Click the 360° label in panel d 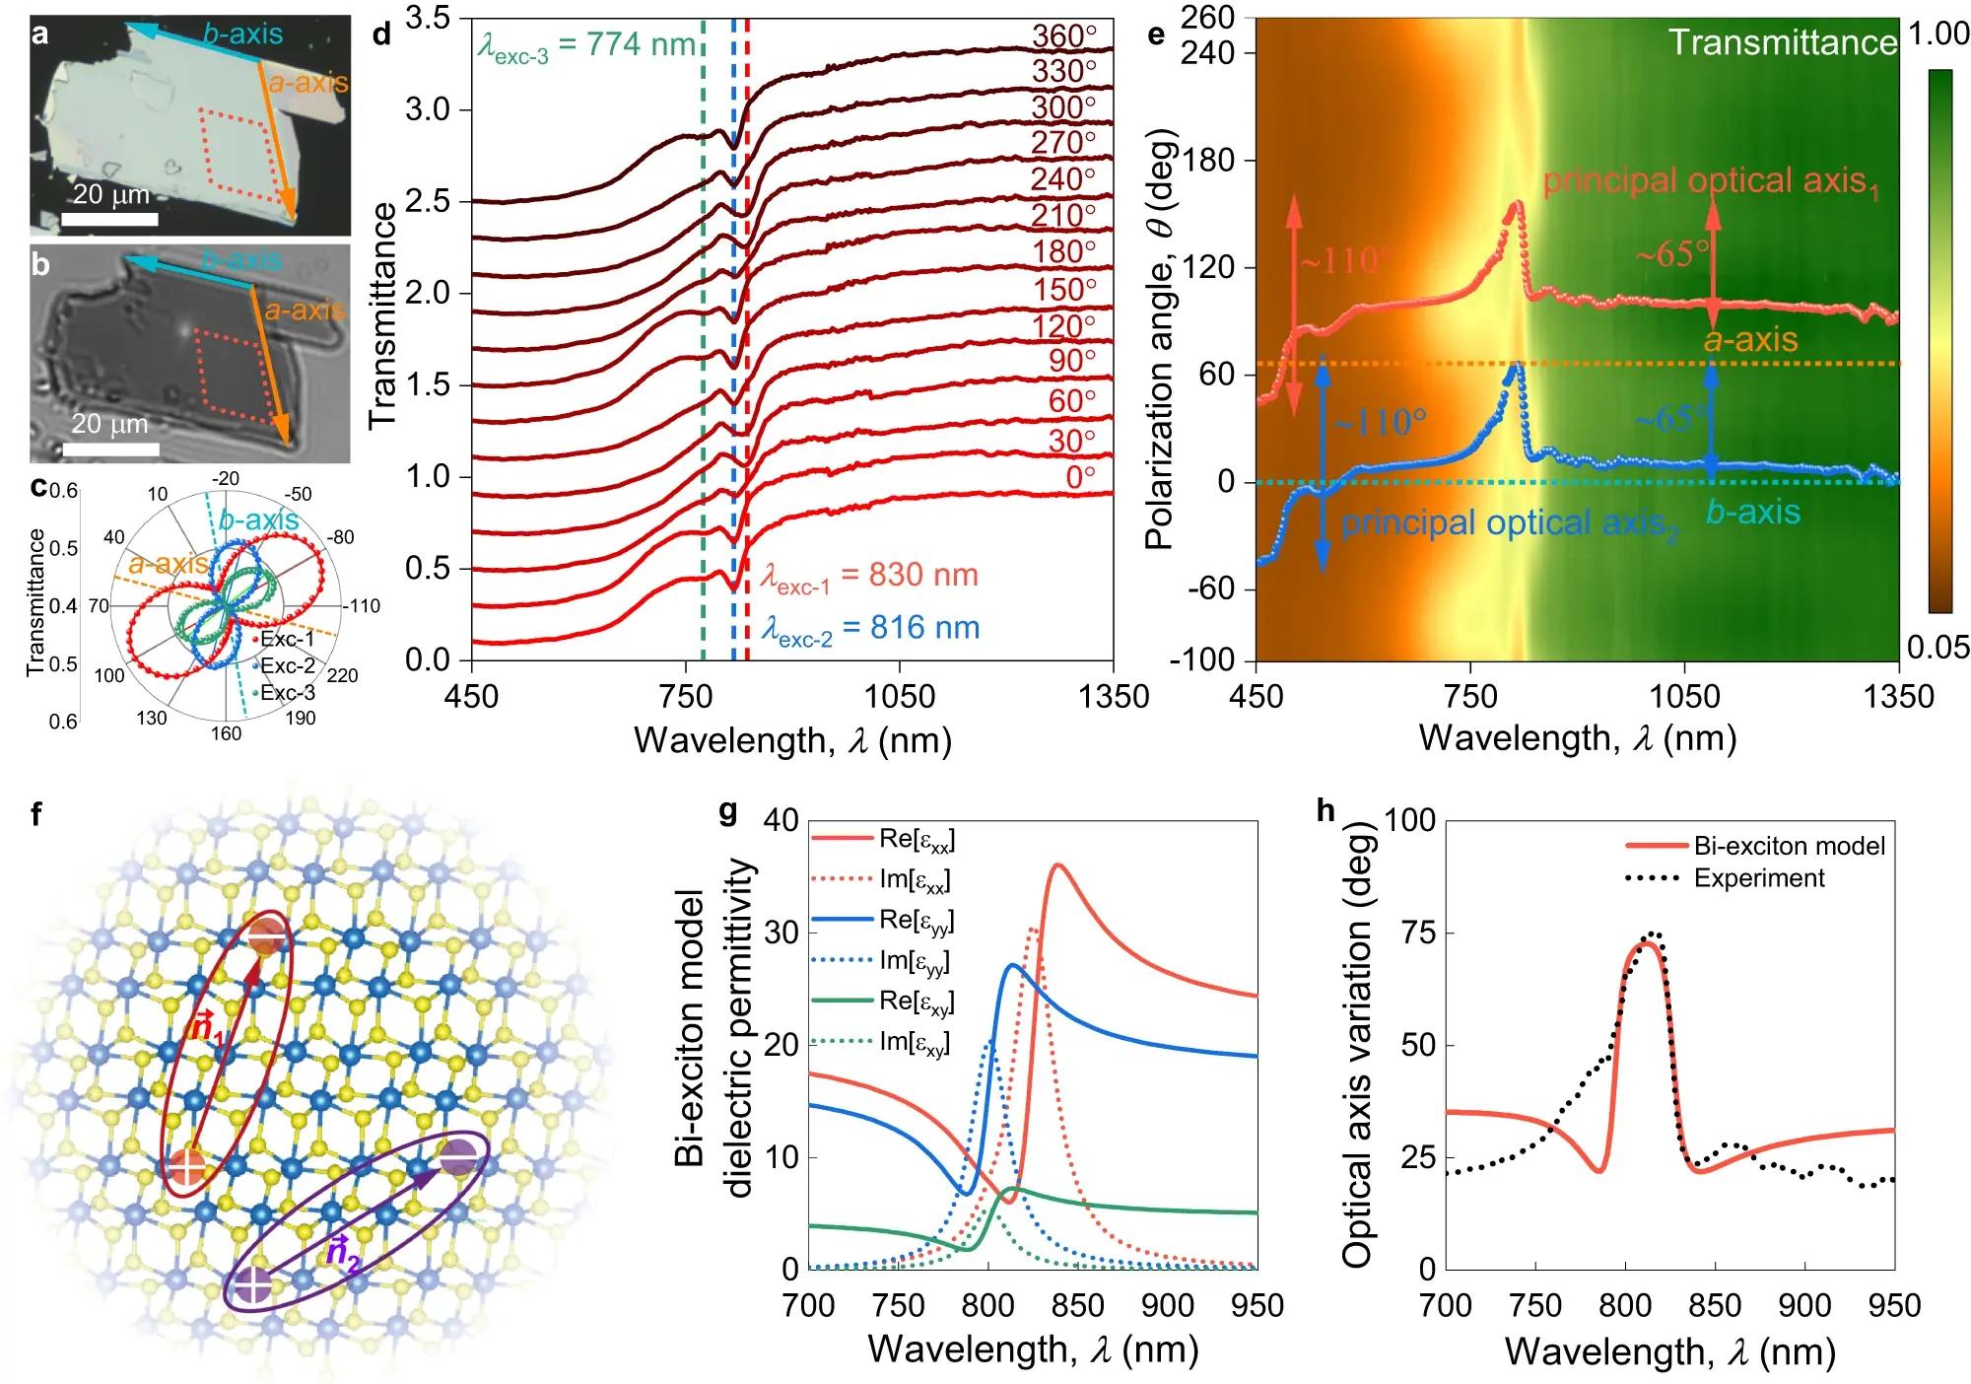point(1064,36)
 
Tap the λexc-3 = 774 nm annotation point(586,46)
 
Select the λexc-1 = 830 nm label point(869,577)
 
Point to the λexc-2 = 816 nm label point(869,629)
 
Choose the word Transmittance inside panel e point(1782,42)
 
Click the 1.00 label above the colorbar point(1938,35)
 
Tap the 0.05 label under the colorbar point(1938,648)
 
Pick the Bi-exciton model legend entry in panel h point(1789,846)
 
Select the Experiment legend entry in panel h point(1759,878)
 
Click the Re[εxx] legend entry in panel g point(917,840)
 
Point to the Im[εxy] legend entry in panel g point(917,1043)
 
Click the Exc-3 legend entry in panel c point(287,693)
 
